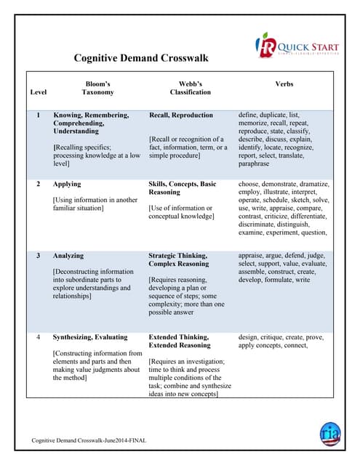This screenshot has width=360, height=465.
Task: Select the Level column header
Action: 38,92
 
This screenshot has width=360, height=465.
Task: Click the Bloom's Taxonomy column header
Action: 97,88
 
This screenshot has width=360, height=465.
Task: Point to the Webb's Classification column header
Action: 191,88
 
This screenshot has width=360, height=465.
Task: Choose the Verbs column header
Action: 284,84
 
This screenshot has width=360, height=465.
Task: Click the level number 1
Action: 38,115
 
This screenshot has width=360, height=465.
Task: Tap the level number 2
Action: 38,185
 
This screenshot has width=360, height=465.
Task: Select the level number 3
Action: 38,256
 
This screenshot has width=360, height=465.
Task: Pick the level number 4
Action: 38,337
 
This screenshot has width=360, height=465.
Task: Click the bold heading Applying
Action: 67,185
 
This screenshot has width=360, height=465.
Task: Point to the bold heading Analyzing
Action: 68,256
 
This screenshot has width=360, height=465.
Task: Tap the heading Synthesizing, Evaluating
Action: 89,337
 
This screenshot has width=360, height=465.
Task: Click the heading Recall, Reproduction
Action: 180,115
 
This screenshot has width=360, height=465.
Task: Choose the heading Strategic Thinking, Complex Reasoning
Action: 179,260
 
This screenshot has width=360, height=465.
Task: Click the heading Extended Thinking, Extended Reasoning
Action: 180,341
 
